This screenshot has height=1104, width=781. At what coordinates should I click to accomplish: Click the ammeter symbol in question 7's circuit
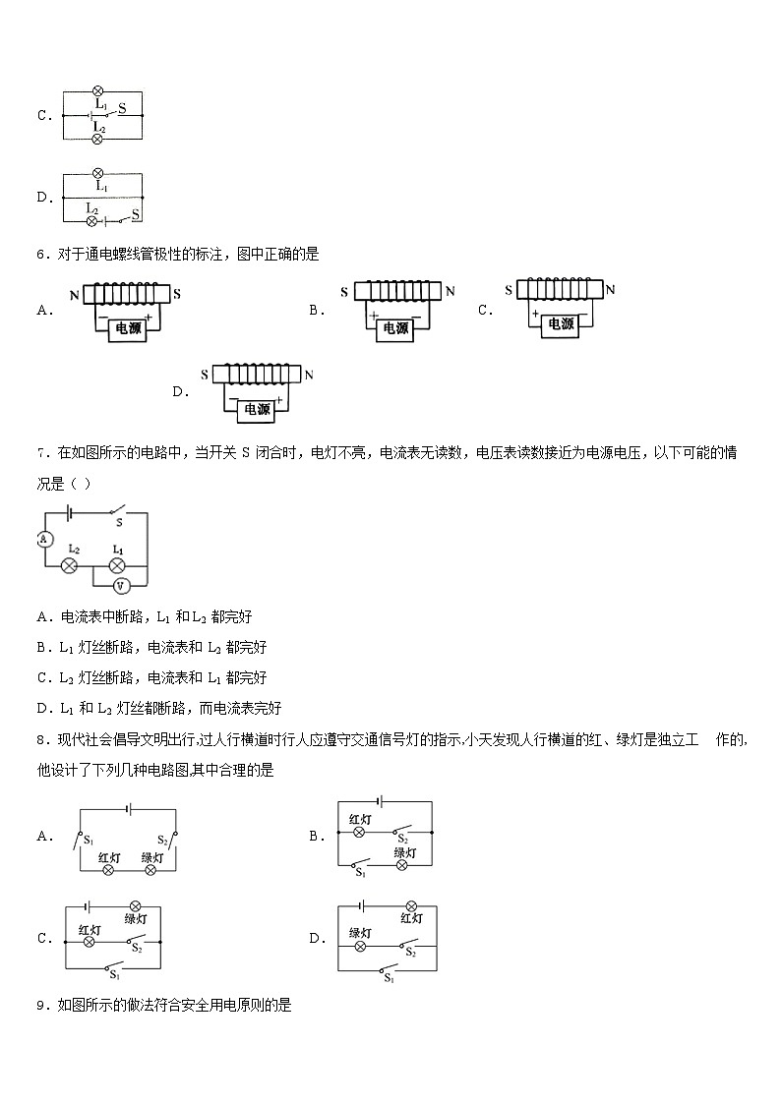tap(43, 539)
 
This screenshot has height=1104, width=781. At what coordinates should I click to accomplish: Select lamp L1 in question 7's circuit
tap(118, 565)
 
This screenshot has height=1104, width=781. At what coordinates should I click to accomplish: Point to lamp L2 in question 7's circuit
tap(70, 565)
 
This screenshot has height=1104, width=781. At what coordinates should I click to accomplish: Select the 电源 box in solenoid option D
tap(256, 409)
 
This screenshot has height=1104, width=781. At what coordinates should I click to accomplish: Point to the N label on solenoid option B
tap(450, 291)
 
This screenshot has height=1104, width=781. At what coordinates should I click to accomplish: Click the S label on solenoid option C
tap(509, 290)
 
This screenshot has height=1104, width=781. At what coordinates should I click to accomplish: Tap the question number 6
tap(40, 254)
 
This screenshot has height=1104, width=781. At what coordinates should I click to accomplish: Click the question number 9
tap(40, 1005)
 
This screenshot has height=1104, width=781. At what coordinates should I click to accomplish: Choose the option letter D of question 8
tap(317, 938)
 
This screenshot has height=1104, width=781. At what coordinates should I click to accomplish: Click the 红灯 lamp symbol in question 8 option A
tap(109, 870)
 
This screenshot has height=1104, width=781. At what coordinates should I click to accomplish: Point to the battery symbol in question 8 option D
tap(364, 905)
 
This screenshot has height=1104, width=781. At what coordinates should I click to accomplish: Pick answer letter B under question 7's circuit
tap(42, 647)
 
